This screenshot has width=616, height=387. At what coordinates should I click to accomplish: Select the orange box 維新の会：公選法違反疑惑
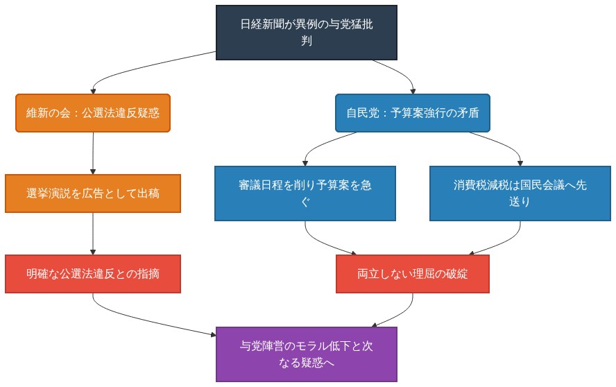coord(93,113)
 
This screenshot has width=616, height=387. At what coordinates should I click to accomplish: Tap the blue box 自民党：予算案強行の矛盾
coord(413,113)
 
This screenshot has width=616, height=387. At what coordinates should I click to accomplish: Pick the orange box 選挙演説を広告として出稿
coord(93,193)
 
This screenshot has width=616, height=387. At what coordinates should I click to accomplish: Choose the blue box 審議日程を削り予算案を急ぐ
coord(305,193)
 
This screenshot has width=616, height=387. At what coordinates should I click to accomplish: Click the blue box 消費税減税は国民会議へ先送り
coord(520,193)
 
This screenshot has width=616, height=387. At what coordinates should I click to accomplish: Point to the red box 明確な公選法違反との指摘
coord(93,274)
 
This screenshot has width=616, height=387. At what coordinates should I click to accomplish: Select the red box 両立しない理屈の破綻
coord(413,274)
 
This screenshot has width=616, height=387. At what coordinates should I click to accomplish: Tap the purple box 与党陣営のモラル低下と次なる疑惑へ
coord(306,354)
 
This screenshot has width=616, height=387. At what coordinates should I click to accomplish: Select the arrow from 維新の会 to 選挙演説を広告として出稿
coord(93,153)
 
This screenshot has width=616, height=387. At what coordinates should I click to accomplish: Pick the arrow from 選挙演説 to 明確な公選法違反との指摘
coord(93,234)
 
